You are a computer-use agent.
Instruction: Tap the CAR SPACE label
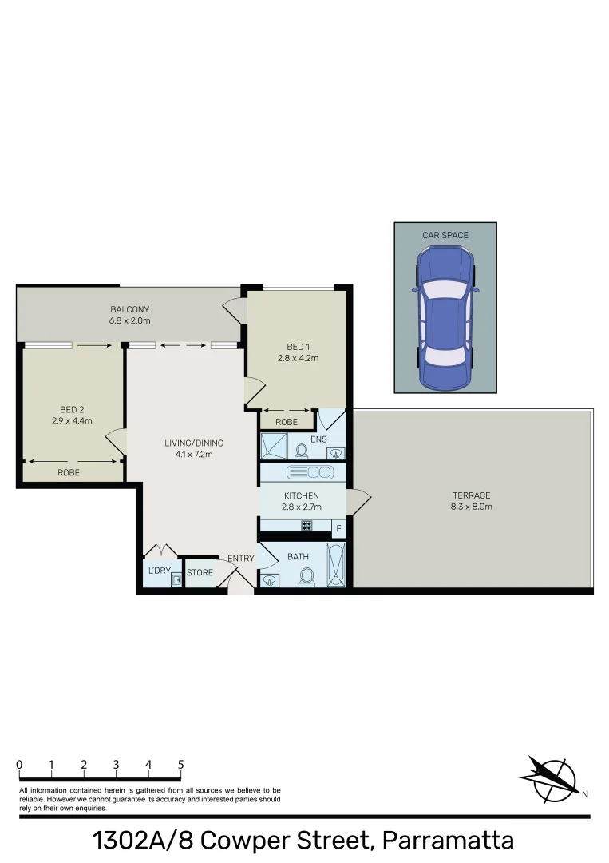coord(445,235)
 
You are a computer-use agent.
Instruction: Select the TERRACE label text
coord(471,495)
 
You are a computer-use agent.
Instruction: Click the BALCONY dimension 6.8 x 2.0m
coord(130,320)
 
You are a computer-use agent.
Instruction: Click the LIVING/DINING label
coord(194,443)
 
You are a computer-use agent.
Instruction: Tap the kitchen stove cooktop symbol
coord(305,526)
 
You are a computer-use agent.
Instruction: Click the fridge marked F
coord(338,528)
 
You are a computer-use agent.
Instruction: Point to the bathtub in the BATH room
coord(336,565)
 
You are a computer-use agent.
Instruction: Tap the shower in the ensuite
coord(274,445)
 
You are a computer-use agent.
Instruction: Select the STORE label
coord(200,573)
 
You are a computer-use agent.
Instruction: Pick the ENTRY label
coord(241,559)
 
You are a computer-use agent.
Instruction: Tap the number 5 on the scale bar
coord(181,765)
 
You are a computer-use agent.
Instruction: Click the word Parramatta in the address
coord(448,840)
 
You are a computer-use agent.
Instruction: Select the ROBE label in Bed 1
coord(287,422)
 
